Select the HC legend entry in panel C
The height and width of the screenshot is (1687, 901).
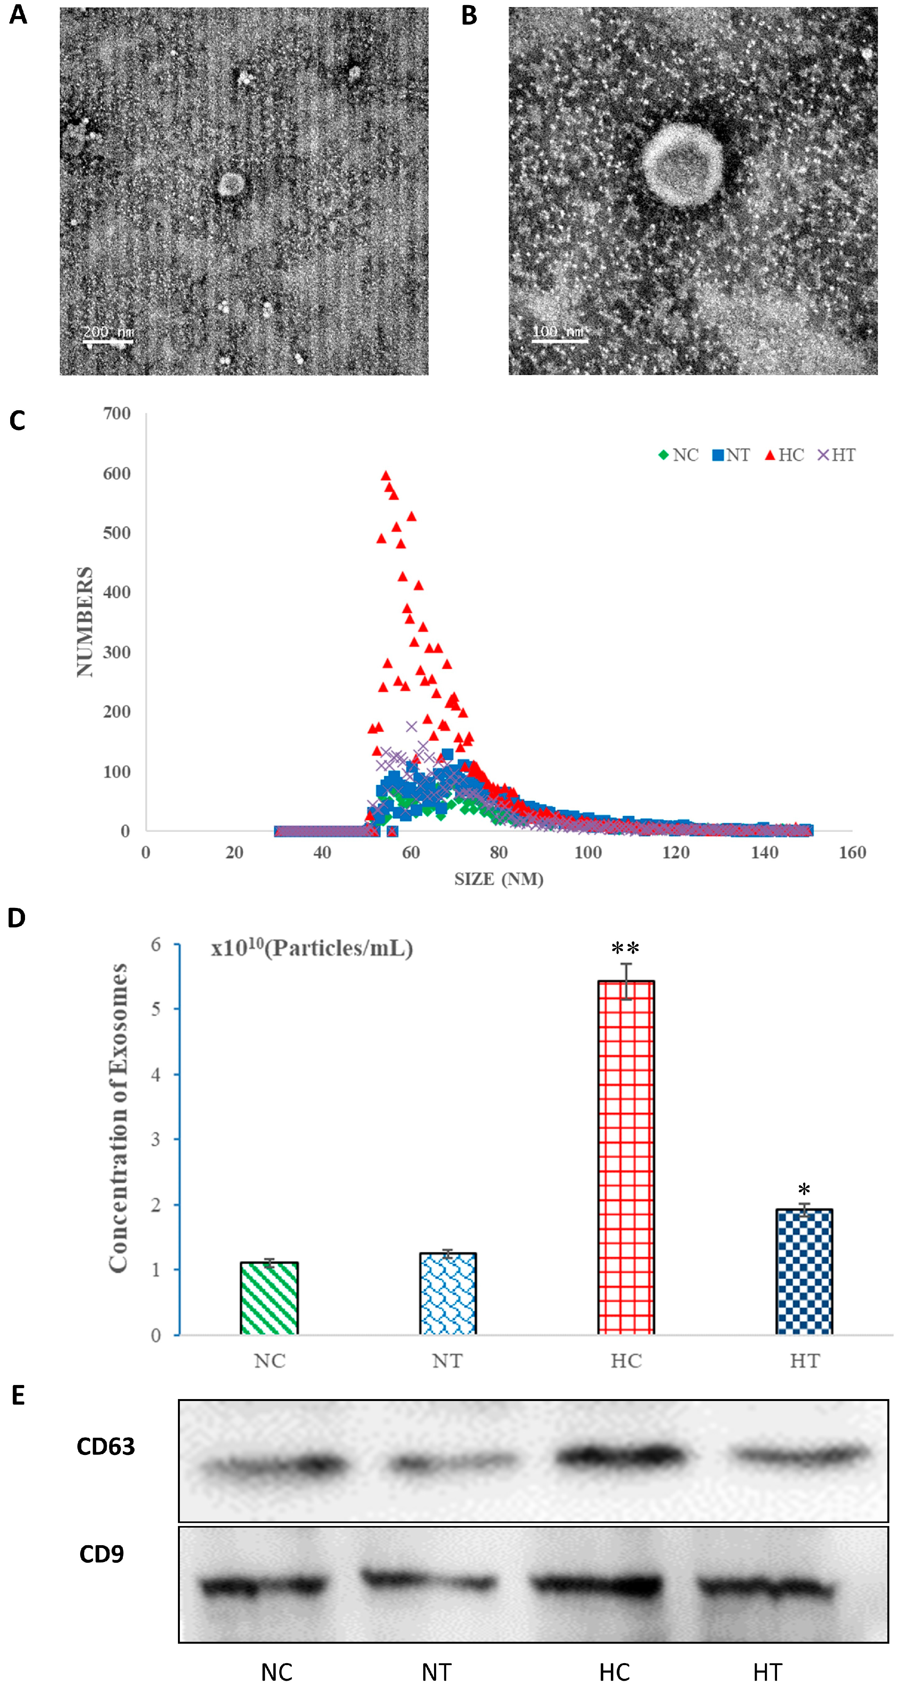click(x=784, y=455)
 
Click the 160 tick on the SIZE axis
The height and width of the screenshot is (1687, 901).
click(x=852, y=852)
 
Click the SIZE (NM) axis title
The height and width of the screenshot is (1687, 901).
click(x=499, y=879)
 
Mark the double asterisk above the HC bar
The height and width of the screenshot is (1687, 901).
click(x=625, y=948)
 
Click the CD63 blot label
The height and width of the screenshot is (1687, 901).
click(x=106, y=1447)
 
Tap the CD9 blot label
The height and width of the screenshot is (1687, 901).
click(x=102, y=1554)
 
